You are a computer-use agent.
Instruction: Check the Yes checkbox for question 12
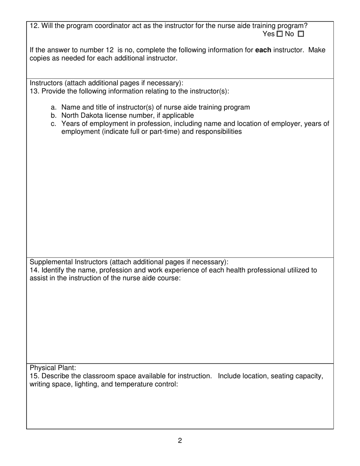point(280,34)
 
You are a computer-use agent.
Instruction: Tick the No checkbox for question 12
point(301,34)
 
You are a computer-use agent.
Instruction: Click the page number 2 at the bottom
point(180,441)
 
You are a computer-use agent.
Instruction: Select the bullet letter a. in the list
point(53,108)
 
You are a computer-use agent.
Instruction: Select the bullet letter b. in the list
point(53,116)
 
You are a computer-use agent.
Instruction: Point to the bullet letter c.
point(53,124)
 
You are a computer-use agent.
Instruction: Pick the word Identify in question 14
point(53,270)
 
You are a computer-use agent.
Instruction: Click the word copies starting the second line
point(40,58)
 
